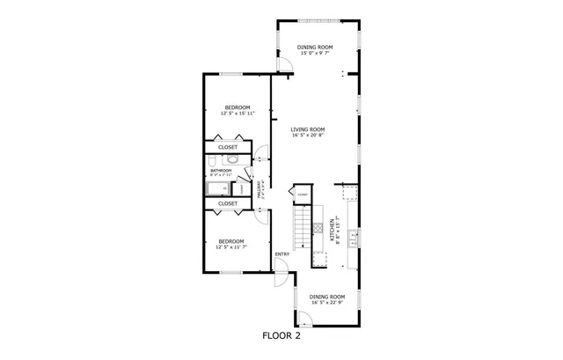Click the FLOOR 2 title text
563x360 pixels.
(281, 335)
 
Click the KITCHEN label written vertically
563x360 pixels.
(333, 231)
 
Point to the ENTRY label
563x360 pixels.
(281, 255)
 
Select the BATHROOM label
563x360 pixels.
(221, 171)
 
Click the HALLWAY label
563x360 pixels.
(259, 189)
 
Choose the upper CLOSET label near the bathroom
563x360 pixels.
(228, 147)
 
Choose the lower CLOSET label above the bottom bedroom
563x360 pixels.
(228, 203)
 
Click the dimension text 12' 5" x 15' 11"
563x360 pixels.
(237, 114)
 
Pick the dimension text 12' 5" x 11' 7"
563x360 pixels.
(231, 247)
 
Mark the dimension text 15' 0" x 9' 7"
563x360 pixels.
(314, 53)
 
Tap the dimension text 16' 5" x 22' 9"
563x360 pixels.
(326, 304)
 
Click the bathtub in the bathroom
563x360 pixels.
(217, 187)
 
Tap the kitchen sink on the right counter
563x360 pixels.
(352, 236)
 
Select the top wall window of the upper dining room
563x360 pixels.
(313, 19)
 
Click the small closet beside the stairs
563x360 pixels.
(302, 195)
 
